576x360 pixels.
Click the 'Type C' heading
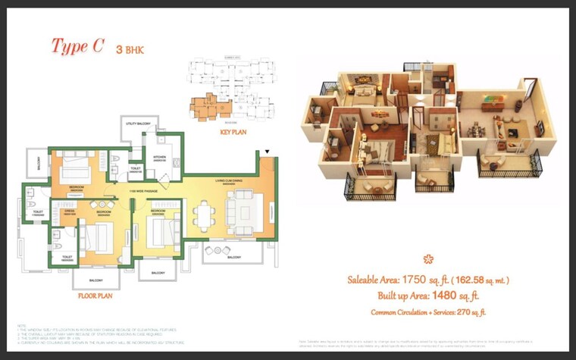tap(77, 46)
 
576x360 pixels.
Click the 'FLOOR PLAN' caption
tap(95, 296)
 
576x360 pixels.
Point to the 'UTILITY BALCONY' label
tap(140, 122)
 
